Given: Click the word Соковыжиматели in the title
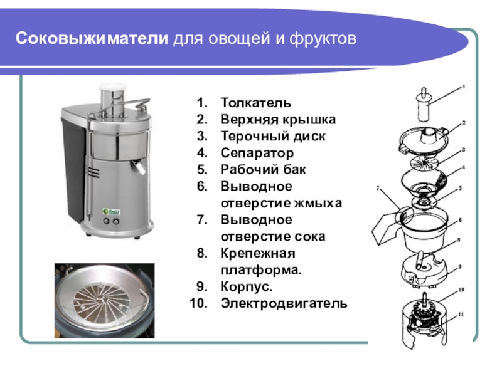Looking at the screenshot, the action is (x=92, y=38).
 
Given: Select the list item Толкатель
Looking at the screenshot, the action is (x=256, y=103).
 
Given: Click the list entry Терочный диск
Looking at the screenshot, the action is (x=273, y=137).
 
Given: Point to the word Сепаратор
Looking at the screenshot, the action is (x=257, y=153).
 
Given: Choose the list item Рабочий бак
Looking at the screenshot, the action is (x=263, y=169).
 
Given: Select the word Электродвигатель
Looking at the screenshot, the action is (x=284, y=303).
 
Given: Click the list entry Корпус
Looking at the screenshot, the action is (x=246, y=287).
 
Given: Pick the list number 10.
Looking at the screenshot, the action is (x=198, y=303).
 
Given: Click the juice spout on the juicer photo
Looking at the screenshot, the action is (x=138, y=165).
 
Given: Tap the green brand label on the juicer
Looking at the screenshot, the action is (x=112, y=211).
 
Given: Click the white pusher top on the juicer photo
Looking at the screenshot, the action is (x=112, y=86).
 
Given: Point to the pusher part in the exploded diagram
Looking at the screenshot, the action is (x=424, y=105).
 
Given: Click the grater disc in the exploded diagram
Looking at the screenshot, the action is (x=424, y=163).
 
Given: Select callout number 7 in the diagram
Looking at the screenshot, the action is (x=378, y=189).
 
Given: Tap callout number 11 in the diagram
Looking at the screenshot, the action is (x=461, y=315).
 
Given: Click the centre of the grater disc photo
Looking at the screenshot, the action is (x=101, y=300).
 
